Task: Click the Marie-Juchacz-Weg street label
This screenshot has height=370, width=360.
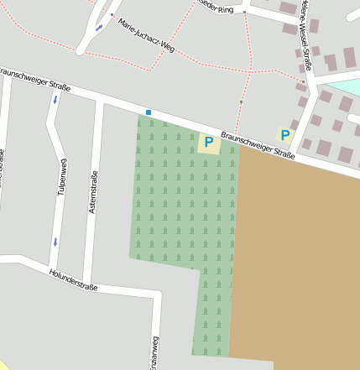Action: point(146,35)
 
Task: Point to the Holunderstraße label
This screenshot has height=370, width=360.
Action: point(73,280)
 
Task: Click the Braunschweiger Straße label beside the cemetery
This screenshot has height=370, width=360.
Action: point(258,145)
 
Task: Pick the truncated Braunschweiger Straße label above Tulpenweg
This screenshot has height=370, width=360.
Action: point(34,78)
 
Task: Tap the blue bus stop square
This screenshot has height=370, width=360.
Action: point(149,112)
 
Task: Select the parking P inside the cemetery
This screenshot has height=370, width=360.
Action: point(208,143)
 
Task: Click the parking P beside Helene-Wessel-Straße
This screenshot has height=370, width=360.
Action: point(285,135)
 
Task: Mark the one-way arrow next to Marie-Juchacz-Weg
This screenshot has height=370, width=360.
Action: point(99,28)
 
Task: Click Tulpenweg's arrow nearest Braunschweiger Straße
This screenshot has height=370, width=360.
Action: point(56,100)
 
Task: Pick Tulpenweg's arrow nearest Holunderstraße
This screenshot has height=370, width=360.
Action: point(55,242)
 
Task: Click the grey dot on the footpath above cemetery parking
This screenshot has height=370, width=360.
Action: point(241,102)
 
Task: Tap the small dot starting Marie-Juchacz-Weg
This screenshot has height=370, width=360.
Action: point(111,14)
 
